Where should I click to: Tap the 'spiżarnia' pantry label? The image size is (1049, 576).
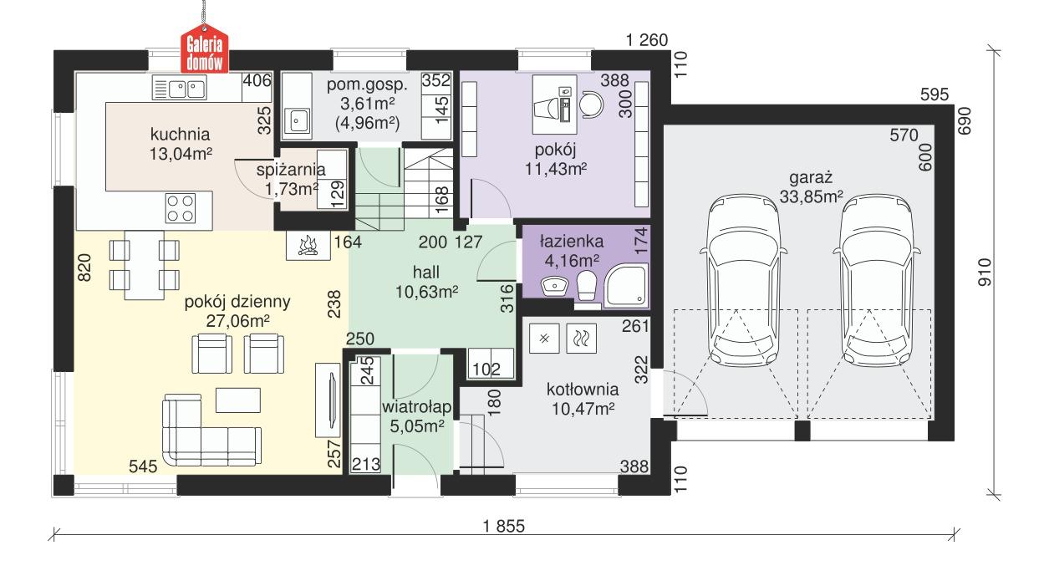[290, 171]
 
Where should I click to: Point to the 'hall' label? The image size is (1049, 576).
[426, 273]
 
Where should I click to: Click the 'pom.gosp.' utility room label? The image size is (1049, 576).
[367, 85]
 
